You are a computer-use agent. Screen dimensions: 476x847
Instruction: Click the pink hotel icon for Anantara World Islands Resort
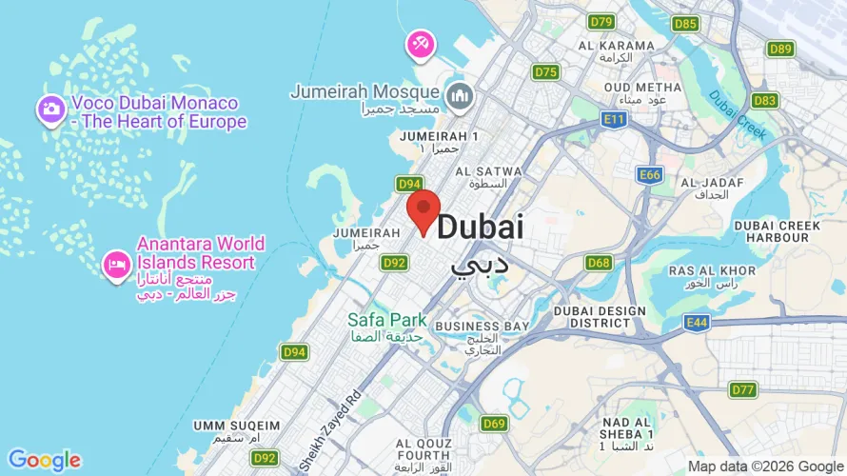click(x=116, y=263)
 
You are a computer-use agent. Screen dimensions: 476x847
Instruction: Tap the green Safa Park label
click(x=386, y=321)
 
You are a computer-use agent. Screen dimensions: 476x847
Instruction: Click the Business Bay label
click(x=483, y=327)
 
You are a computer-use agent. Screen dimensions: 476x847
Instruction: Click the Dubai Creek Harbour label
click(x=777, y=231)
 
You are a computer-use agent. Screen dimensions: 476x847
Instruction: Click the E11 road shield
click(x=615, y=119)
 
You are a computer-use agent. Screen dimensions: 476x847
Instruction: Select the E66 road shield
click(x=650, y=175)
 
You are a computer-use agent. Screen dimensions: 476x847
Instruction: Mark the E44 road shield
click(x=696, y=324)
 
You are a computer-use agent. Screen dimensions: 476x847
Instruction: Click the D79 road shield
click(x=601, y=21)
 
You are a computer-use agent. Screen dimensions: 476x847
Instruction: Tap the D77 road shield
click(x=743, y=389)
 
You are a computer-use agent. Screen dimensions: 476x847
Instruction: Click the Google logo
click(x=44, y=461)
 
